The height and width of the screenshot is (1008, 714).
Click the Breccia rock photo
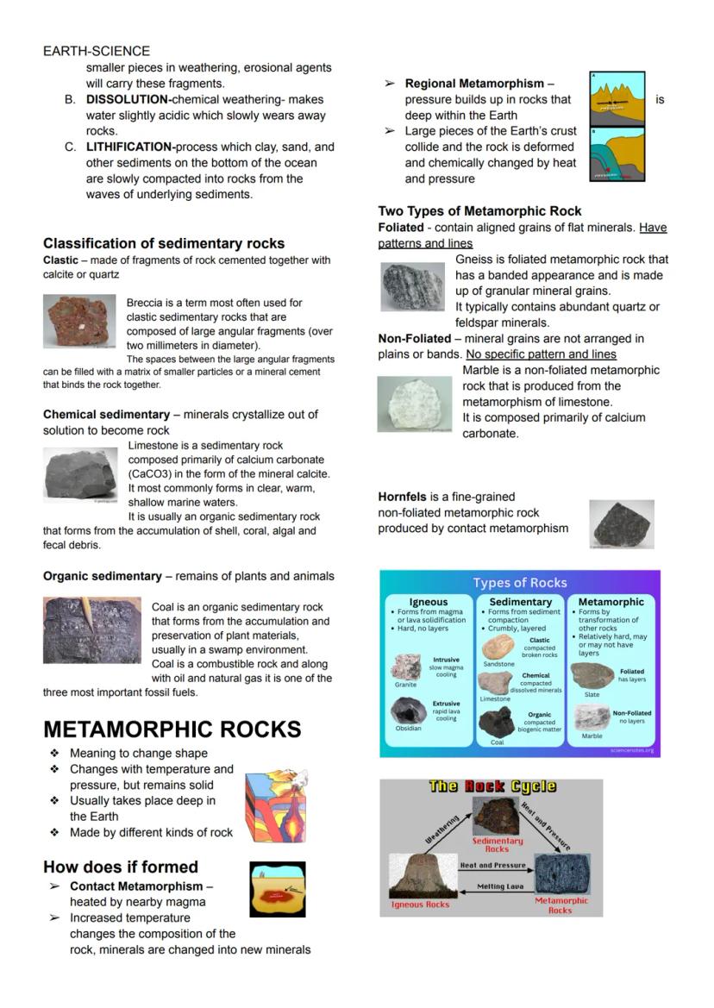coord(79,320)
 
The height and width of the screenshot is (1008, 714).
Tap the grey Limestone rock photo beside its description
coord(80,474)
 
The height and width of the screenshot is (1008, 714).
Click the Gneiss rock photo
coord(412,287)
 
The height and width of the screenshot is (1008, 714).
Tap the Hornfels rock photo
coord(621,523)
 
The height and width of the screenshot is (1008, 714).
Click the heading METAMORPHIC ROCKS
coord(172,729)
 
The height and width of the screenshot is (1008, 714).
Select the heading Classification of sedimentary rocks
coord(164,243)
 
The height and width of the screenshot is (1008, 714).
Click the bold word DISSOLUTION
coord(128,100)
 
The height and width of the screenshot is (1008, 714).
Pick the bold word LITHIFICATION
coord(130,147)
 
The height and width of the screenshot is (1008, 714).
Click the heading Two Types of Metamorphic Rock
coord(479,211)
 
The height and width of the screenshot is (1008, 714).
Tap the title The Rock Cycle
coord(492,786)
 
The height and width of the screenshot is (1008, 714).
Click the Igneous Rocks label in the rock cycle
coord(420,905)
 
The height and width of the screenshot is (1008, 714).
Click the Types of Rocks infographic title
coord(520,583)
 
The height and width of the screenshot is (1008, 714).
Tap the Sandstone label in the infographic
coord(498,665)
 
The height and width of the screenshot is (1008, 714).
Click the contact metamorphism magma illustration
coord(277,889)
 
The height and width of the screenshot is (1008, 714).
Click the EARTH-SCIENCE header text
coord(97,52)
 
